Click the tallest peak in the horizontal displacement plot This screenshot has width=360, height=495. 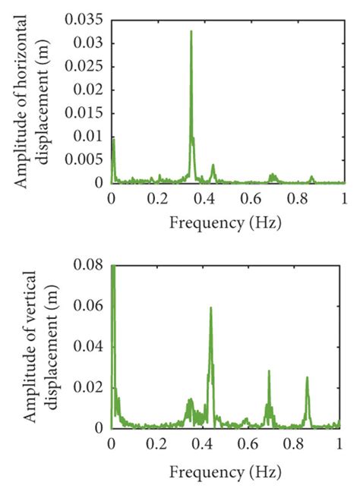(191, 32)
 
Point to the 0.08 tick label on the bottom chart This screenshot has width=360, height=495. (91, 266)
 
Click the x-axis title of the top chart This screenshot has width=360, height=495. (227, 224)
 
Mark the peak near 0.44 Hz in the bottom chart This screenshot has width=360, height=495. (211, 307)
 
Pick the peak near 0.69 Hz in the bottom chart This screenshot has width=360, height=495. (269, 371)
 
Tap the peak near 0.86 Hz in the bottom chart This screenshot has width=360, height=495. (308, 377)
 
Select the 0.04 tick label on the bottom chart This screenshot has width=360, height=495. (91, 347)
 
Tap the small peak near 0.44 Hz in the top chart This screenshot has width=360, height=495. (213, 166)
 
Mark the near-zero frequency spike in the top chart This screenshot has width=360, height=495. (114, 140)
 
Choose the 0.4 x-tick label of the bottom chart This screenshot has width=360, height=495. (203, 444)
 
